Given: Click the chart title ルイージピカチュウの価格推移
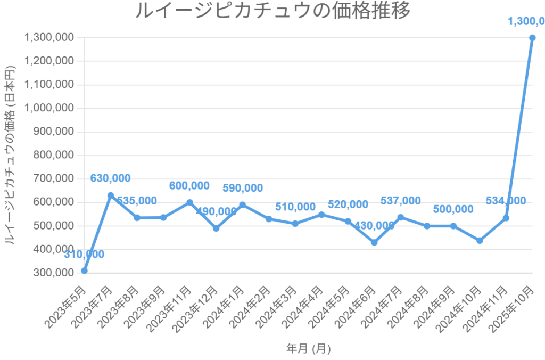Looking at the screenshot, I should coord(272,11).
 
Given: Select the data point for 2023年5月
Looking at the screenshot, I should coord(84,271).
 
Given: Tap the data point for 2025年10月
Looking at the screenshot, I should coord(532,38).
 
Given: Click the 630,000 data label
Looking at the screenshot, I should coord(110,178).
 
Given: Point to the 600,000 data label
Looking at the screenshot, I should coord(189,185).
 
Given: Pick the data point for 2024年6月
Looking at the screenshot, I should coord(374,242).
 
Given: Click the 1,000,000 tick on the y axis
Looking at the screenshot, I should coord(49,108).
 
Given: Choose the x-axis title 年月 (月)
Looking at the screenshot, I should coord(308,349).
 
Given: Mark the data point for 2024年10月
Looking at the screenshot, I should coord(480,240).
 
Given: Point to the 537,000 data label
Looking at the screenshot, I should coord(400,201).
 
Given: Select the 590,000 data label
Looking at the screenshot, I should coord(242,188).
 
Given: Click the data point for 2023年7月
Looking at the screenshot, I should coord(111,195).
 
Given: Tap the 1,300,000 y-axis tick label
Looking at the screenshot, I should coord(49,38).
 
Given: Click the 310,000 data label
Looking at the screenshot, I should coord(84,255).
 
